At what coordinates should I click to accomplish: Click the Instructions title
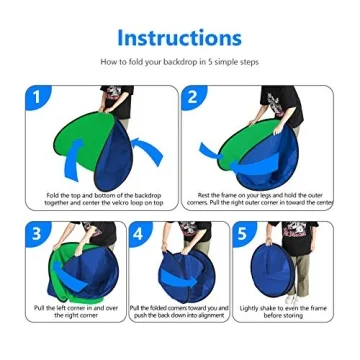[x=179, y=37]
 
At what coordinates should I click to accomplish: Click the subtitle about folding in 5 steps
[x=179, y=62]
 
